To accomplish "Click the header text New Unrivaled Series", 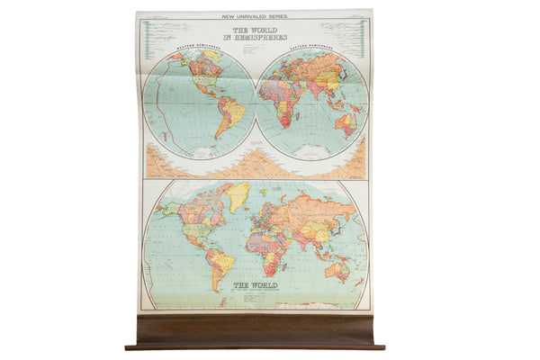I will (254, 16).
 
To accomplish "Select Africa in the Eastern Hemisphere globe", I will (288, 103).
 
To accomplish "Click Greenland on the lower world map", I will (237, 194).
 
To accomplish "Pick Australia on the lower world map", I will (338, 266).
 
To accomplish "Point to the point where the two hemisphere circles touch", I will (255, 103).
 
